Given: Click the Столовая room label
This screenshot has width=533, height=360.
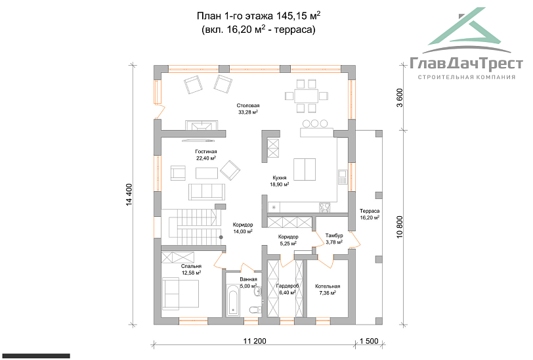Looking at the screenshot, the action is tap(248, 106).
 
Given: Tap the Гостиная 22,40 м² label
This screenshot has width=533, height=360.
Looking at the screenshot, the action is tap(206, 155).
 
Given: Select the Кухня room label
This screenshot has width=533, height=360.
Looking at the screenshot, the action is tap(280, 177).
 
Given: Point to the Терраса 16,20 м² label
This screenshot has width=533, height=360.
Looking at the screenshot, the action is tap(370, 214).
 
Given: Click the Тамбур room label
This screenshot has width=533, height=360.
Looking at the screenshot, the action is tap(334, 235).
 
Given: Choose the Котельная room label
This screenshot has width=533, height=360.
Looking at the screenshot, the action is tap(328, 286).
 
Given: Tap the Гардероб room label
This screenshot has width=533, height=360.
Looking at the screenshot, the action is tap(288, 286).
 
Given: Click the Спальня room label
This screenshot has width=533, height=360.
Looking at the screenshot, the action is tap(192, 266).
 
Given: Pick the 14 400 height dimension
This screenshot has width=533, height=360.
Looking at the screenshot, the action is tap(129, 194).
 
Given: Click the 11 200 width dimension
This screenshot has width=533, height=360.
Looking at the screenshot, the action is tap(255, 341).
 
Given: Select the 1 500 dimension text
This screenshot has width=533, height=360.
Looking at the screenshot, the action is tap(369, 341).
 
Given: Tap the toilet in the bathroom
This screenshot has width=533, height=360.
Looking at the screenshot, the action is tap(255, 309).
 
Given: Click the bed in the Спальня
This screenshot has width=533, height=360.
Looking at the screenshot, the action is tap(181, 294).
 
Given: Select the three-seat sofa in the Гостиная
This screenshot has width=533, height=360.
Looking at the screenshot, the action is tap(207, 192).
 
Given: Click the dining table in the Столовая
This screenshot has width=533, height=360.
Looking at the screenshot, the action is tap(307, 96).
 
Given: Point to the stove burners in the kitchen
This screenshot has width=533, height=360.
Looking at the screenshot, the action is tap(324, 206).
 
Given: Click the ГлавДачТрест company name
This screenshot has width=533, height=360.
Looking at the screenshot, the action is tap(466, 64).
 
